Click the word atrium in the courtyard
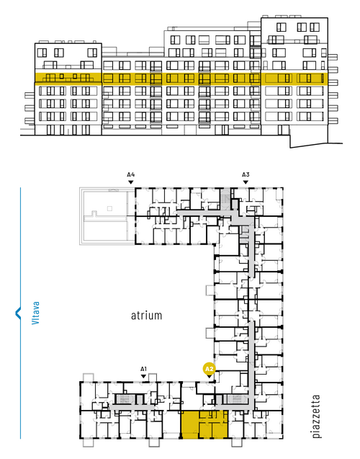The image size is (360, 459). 146,316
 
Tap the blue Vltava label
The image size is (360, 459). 36,313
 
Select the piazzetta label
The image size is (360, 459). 316,416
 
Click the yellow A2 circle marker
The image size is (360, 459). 210,369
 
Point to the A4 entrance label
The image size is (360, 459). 131,175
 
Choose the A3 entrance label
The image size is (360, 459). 246,175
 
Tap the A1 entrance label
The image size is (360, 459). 143,369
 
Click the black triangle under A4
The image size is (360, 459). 131,182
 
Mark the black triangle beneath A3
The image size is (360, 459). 246,182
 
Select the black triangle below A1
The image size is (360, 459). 143,376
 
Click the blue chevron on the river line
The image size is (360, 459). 18,313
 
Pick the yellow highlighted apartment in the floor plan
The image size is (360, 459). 204,424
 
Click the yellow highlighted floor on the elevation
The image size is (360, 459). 181,79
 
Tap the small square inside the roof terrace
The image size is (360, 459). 109,208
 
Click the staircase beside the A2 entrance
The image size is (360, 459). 237,399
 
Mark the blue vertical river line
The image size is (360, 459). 20,313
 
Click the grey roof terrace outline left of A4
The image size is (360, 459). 107,216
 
